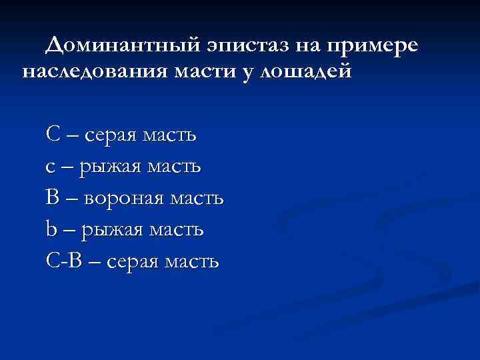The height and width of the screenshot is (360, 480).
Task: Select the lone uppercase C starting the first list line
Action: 53,134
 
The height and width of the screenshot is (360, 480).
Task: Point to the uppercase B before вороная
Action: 53,198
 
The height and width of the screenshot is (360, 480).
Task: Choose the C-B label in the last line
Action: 65,261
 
